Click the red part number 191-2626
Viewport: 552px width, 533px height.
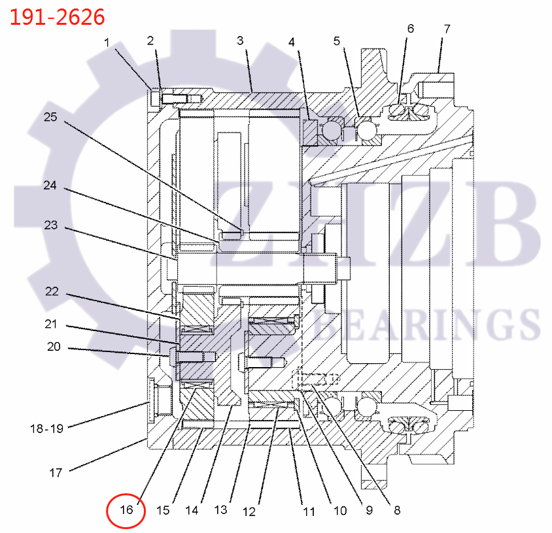pos(58,17)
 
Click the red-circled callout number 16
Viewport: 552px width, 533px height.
pos(126,509)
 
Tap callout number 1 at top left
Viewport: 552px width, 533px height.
pos(107,43)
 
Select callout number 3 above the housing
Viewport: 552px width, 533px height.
pos(240,40)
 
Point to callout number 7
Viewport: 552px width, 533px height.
pos(447,29)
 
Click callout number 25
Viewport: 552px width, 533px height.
pos(50,117)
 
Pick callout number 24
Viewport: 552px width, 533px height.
pos(50,185)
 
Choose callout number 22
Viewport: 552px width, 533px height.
pos(52,291)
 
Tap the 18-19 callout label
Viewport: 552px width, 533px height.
pos(47,428)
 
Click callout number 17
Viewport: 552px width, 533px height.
pos(56,473)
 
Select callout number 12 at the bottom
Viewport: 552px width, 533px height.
pos(249,511)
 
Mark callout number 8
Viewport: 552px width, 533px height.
pos(397,510)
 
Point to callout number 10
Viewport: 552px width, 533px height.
pos(340,511)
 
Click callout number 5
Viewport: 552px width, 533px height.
pos(337,41)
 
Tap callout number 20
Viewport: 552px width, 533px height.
pos(54,347)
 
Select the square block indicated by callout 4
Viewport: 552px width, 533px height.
pos(310,132)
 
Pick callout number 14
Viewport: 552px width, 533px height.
pos(192,510)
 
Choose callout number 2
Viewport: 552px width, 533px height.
pos(150,40)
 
